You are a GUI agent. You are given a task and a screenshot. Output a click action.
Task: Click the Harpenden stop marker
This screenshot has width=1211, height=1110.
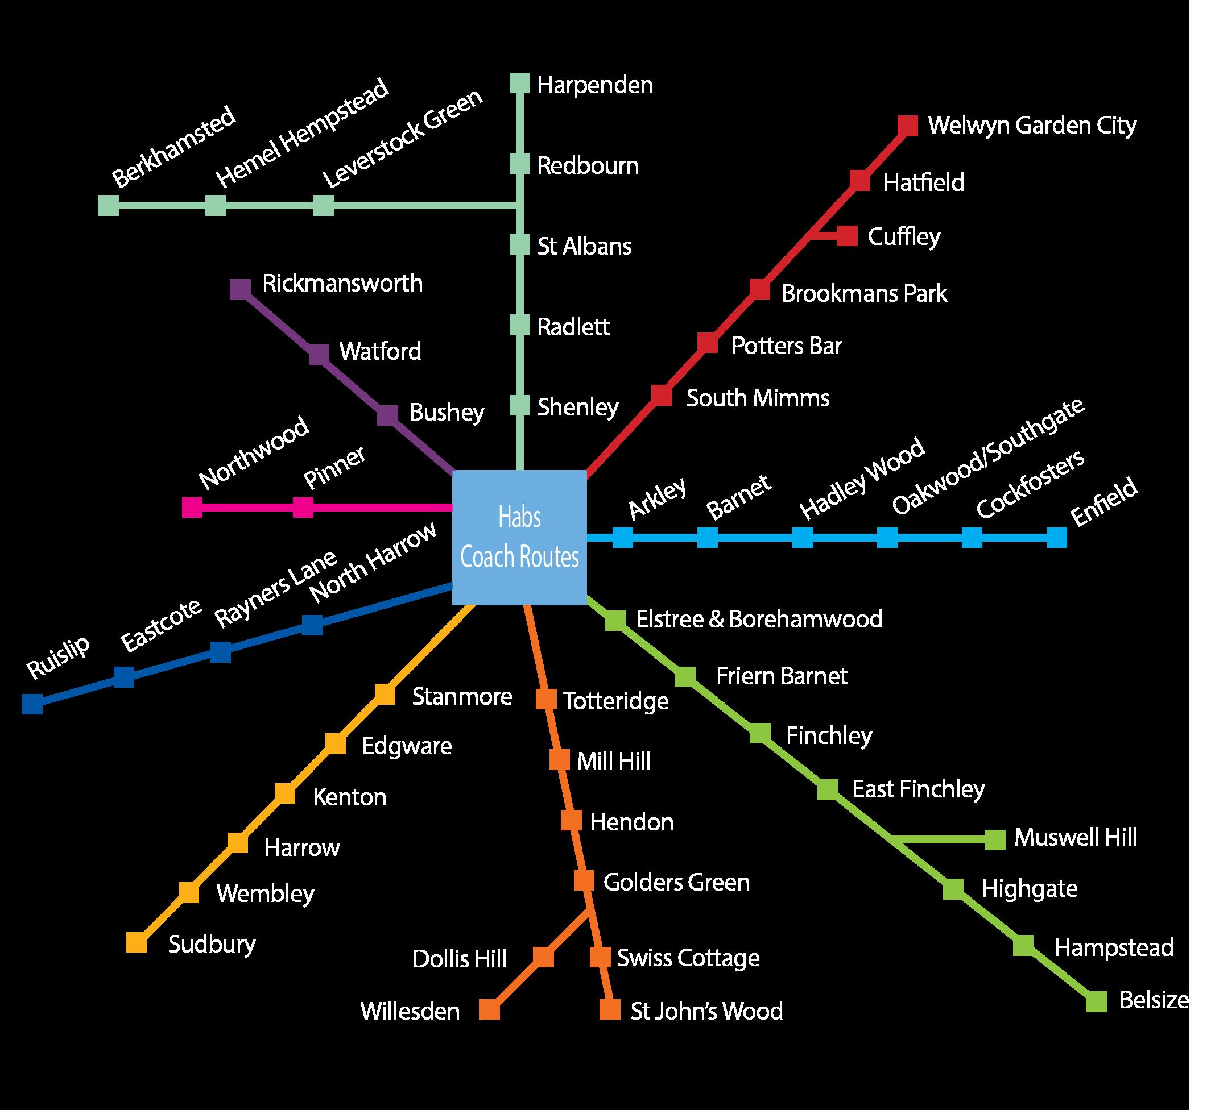coord(519,84)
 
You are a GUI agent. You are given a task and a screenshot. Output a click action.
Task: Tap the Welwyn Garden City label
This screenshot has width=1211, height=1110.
coord(1031,126)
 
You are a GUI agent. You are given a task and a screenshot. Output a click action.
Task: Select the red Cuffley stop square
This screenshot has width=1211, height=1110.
coord(847,236)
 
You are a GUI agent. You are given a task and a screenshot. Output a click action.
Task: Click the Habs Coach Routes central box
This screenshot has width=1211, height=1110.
coord(519,537)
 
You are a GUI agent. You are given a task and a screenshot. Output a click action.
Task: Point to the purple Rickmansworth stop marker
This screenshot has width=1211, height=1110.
coord(241,289)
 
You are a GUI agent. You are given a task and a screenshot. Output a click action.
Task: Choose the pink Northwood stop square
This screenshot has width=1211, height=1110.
coord(192,508)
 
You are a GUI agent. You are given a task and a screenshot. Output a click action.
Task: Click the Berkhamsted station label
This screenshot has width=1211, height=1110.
coord(173,147)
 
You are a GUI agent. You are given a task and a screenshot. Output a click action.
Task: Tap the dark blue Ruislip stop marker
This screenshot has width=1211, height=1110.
coord(32,704)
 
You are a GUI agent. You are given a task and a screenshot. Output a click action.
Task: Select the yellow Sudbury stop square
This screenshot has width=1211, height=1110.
coord(137,942)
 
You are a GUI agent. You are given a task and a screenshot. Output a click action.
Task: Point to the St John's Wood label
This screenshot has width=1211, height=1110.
coord(706,1011)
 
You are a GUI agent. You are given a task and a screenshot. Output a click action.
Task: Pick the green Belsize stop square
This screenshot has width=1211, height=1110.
coord(1096,1001)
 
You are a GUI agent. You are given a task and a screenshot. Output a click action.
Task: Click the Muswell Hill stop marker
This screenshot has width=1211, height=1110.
coord(995,839)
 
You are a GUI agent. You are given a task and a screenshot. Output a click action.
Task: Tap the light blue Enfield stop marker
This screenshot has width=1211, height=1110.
coord(1056,538)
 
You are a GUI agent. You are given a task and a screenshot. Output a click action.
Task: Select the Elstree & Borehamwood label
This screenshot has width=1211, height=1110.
coord(758,620)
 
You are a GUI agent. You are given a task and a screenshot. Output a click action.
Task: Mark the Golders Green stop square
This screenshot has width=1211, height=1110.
coord(584,880)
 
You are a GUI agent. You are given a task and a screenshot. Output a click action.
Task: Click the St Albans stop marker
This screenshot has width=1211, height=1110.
coord(519,244)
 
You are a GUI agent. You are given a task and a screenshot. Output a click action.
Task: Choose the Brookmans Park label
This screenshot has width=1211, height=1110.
coord(863,294)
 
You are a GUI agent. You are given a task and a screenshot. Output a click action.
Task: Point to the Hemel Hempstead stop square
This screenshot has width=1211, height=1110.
coord(216,205)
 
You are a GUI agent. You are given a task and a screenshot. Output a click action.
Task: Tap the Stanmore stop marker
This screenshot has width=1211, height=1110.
coord(385,695)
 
